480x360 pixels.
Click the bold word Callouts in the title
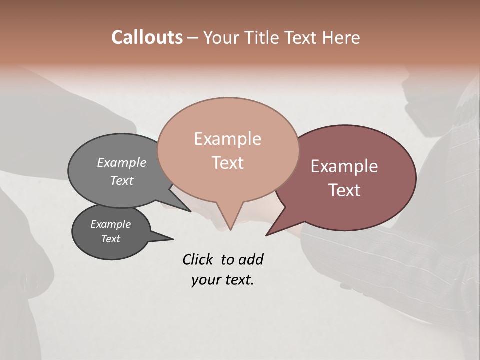click(147, 37)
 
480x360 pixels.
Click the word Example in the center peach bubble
click(227, 139)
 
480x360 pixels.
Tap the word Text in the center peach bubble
click(227, 163)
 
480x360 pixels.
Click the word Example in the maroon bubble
click(344, 166)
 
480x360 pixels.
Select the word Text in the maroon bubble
click(344, 190)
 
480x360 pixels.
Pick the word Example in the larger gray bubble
click(121, 163)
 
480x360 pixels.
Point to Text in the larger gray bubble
click(121, 180)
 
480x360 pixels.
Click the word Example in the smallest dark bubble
click(110, 224)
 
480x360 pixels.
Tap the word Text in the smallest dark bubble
click(110, 239)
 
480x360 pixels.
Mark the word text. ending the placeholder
click(238, 280)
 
